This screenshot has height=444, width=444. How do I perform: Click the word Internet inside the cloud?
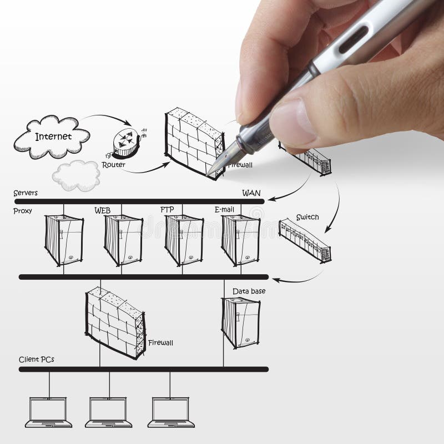53,137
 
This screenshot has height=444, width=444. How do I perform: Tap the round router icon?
127,143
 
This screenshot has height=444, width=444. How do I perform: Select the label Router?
113,164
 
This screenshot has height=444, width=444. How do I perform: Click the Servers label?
26,193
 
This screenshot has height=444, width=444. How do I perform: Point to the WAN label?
251,193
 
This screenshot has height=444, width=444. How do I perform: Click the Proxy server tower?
64,240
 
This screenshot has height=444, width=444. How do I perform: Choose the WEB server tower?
123,240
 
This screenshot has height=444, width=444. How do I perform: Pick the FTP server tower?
184,240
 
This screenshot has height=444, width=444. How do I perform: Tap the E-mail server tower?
241,240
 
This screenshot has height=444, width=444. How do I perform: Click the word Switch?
307,217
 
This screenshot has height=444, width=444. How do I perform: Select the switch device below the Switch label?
305,240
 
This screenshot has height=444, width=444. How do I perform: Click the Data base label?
249,291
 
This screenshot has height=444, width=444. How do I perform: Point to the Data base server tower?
241,323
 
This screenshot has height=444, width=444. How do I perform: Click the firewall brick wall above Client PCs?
115,323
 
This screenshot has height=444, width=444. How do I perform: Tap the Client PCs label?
36,359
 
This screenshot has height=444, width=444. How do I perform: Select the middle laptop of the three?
108,412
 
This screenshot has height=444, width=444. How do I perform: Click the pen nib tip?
207,175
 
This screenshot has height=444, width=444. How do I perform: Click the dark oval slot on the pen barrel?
354,39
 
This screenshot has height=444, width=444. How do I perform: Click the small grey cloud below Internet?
77,175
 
